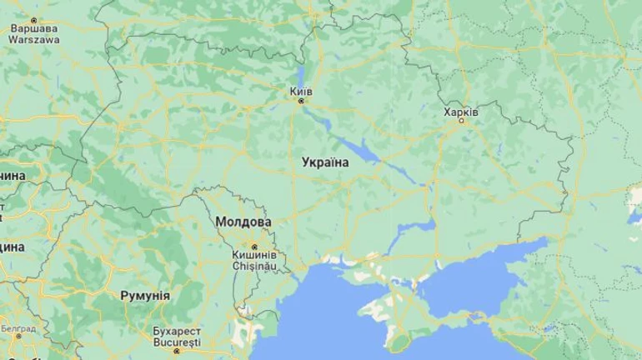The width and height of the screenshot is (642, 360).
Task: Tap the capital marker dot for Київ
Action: (302, 100)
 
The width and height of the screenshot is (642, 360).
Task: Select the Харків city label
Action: (461, 111)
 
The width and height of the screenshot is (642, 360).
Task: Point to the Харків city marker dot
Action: (461, 122)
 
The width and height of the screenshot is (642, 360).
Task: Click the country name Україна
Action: (325, 162)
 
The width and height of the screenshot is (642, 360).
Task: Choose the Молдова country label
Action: (243, 222)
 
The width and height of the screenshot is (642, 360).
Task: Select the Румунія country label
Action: (145, 296)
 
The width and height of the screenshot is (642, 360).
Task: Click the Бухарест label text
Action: (177, 331)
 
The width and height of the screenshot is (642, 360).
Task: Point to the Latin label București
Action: (177, 342)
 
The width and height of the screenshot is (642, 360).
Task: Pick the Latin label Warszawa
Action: (34, 37)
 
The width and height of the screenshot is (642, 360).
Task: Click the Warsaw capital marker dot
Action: (34, 18)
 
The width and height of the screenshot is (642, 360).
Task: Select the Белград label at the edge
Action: (17, 329)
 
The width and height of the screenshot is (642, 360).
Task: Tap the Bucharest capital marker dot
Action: (177, 352)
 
